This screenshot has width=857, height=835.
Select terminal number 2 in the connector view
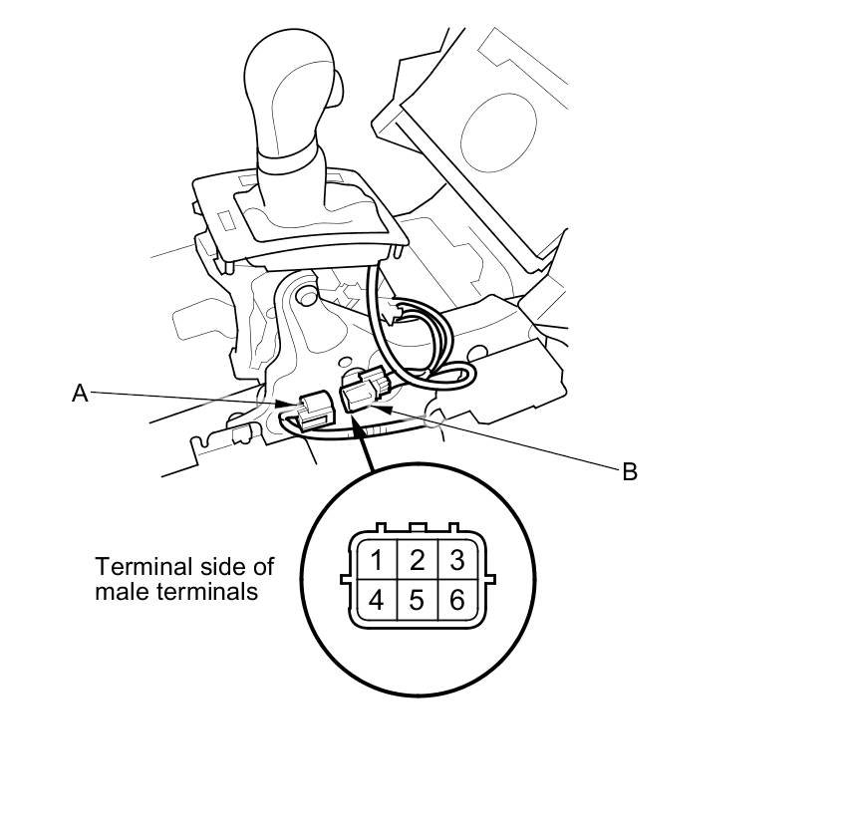[x=418, y=560]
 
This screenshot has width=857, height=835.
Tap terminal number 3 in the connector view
[x=456, y=560]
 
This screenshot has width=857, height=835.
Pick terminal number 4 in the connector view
[x=377, y=601]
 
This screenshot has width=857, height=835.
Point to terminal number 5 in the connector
[x=418, y=601]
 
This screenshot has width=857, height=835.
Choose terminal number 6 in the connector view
[x=456, y=601]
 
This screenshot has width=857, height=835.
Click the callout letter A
[x=80, y=394]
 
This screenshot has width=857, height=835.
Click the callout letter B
[x=629, y=472]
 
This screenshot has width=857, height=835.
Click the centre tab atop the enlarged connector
[x=418, y=528]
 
